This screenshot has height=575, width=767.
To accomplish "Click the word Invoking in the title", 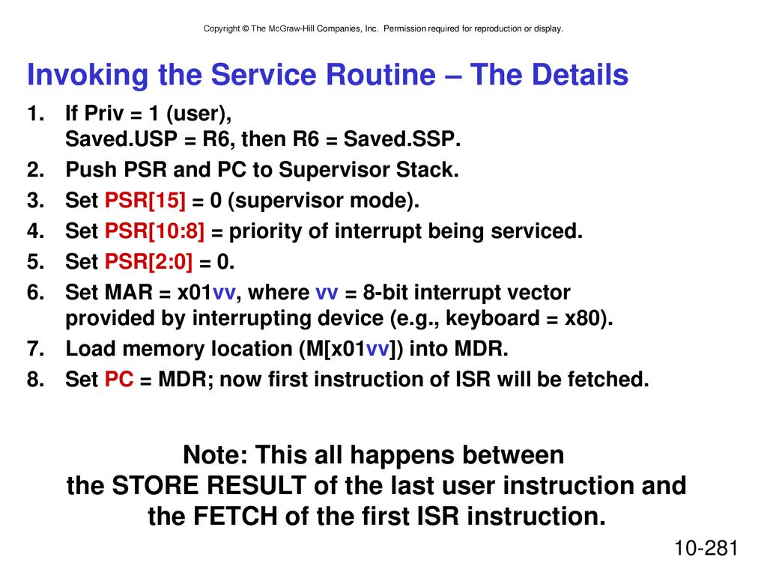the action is point(88,76).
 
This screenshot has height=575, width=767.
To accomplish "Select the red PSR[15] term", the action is point(145,201).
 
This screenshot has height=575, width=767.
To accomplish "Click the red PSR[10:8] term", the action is point(154,231).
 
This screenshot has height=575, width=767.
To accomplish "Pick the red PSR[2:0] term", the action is point(149,261).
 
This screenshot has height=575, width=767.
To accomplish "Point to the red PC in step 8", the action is point(119,380).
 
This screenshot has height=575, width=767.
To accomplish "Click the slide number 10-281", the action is point(706,548).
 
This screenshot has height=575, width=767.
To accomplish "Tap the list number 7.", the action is point(36,349).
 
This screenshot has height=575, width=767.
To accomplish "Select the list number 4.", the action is point(36,231).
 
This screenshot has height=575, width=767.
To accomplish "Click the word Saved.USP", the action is point(121,139).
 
